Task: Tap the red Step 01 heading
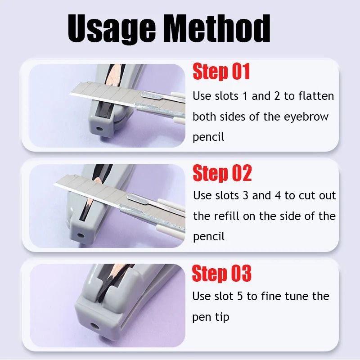[x=221, y=72]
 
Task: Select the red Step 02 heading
[x=222, y=173]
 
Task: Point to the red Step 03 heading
[x=221, y=274]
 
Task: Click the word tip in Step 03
[x=222, y=317]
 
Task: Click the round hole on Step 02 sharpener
[x=80, y=234]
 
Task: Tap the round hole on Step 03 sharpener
[x=95, y=324]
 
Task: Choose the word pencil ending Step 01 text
[x=208, y=137]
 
